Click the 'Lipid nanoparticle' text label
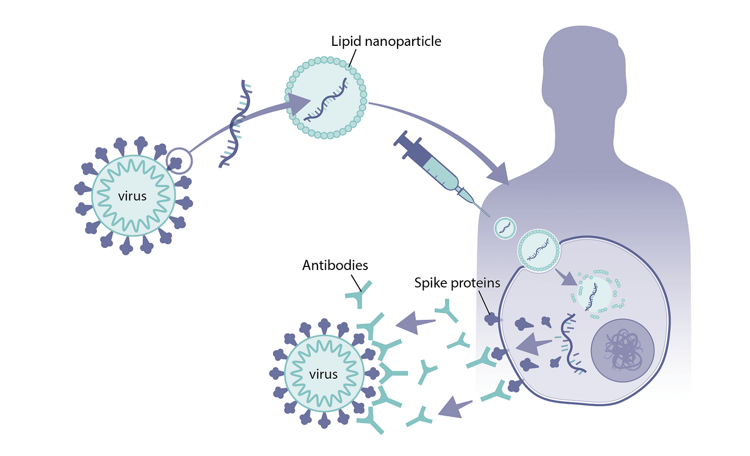pos(386,41)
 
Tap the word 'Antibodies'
pos(335,265)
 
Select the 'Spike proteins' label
pos(457,283)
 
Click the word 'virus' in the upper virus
pos(132,196)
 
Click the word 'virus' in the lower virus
pos(323,374)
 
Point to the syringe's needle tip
pos(488,215)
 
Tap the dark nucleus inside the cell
pos(622,351)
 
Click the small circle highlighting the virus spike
pos(179,161)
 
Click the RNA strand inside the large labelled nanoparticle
pos(326,100)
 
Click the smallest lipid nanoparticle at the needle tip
pos(505,228)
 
